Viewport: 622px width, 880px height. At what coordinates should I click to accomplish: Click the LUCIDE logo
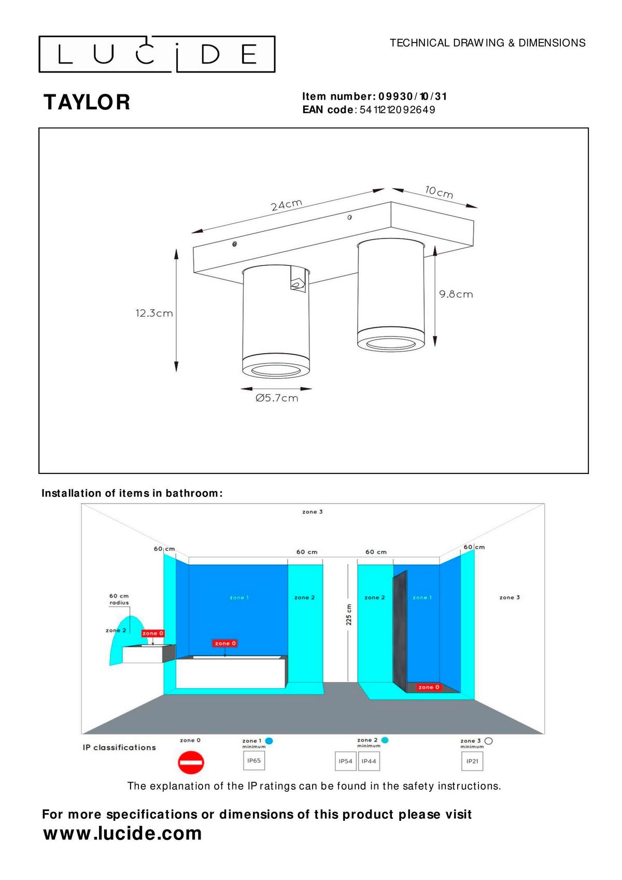point(157,54)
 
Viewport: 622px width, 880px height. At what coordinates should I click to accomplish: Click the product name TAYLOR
point(87,102)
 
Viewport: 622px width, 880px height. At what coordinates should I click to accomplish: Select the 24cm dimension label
point(286,205)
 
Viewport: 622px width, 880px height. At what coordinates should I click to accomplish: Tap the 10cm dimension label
point(439,192)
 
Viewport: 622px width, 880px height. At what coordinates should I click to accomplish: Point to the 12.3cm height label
point(154,313)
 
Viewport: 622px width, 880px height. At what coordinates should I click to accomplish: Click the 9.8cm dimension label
point(456,294)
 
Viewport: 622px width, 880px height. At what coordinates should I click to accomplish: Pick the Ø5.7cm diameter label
point(277,398)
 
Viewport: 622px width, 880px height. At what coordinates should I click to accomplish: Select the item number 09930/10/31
point(413,96)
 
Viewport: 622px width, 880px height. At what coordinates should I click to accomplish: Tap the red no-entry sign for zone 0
point(191,763)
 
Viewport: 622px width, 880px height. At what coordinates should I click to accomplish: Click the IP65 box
point(254,761)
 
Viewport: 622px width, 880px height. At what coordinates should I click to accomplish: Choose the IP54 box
point(345,761)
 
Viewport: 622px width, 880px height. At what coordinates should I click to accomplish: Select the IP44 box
point(369,761)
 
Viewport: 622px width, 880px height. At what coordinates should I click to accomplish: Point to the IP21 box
point(472,761)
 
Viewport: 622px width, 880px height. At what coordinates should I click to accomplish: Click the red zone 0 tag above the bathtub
point(225,643)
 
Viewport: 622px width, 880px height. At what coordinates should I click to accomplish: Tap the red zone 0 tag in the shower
point(428,687)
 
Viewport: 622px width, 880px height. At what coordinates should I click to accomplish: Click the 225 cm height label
point(349,614)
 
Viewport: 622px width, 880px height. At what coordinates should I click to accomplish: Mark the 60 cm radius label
point(119,599)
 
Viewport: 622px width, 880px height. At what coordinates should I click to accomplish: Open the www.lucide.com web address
point(123,833)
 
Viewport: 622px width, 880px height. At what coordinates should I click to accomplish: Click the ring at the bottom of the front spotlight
point(276,368)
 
